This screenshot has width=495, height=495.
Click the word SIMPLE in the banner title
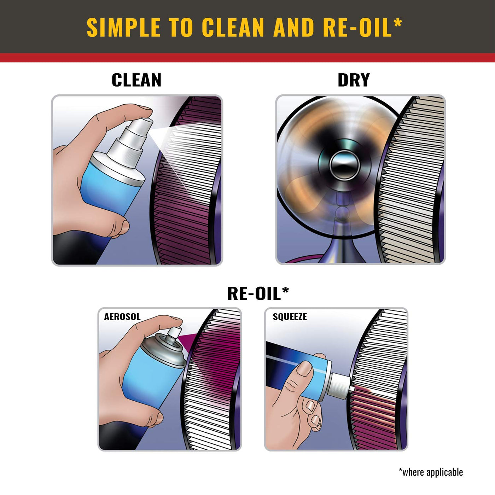coord(123,28)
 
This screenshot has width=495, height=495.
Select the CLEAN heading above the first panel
coord(136,80)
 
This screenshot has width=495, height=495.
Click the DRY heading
coord(354,80)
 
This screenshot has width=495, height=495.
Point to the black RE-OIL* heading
coord(258,293)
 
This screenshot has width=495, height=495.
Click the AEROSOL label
coord(122,317)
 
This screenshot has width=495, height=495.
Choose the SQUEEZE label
coord(290,317)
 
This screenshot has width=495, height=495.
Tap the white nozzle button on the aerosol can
coord(175,332)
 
